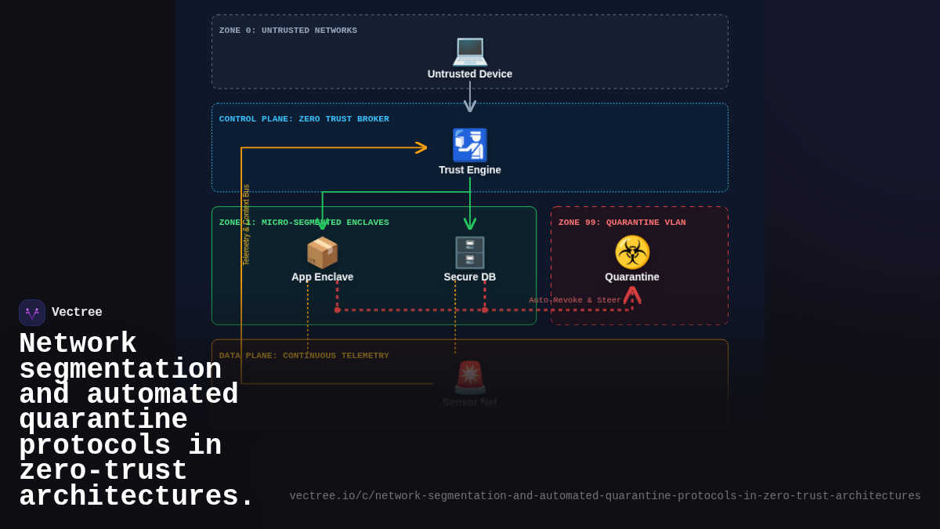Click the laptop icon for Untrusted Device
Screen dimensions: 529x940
[470, 50]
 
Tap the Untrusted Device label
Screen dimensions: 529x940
[470, 74]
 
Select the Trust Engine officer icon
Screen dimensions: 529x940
[470, 145]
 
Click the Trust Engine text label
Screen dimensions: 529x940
[470, 170]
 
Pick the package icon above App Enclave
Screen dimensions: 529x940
[322, 252]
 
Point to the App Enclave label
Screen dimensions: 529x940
[322, 277]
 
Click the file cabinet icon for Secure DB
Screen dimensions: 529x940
[470, 252]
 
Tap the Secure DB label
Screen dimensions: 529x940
[470, 277]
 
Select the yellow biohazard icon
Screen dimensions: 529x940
[632, 252]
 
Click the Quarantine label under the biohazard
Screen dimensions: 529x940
[632, 277]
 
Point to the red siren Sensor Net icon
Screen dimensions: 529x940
[470, 377]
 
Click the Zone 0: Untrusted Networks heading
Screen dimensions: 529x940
[288, 31]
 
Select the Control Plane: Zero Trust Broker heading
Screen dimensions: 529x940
[304, 119]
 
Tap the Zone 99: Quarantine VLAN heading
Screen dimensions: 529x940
[622, 223]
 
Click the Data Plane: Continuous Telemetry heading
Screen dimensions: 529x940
[304, 356]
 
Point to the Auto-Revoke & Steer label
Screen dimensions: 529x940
[574, 300]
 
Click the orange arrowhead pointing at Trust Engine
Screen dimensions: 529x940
[422, 147]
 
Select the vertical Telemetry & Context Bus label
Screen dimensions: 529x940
[246, 225]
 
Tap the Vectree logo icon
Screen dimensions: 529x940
[32, 313]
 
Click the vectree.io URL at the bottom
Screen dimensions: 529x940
[605, 496]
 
